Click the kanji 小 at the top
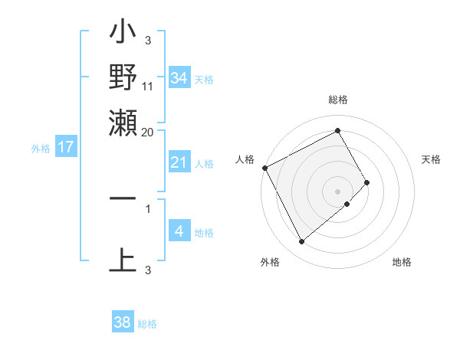(123, 34)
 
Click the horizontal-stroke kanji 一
(123, 198)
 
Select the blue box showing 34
(179, 77)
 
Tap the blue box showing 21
(179, 162)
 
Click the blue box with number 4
(179, 231)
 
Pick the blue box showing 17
(65, 147)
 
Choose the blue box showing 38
(123, 322)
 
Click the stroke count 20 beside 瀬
(148, 132)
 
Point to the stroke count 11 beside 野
(148, 87)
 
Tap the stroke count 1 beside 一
(148, 208)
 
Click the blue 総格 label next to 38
(147, 324)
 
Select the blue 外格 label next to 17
(41, 149)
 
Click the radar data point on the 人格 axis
(264, 168)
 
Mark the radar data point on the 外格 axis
(301, 242)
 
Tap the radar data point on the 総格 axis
(338, 130)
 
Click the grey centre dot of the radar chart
(338, 191)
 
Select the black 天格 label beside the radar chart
(431, 159)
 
